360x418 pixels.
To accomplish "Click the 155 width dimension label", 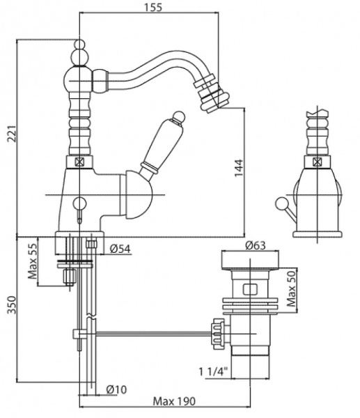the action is point(153,7).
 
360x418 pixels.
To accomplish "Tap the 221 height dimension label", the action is point(12,133).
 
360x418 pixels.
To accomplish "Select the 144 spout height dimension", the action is point(239,167).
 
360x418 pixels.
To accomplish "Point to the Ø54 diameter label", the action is point(120,249).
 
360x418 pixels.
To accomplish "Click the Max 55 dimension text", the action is point(33,261).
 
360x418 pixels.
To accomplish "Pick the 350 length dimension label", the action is point(12,304).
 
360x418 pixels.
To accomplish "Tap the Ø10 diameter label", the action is point(116,389).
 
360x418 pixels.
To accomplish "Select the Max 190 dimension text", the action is point(174,401).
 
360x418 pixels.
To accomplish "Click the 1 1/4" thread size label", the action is point(214,371).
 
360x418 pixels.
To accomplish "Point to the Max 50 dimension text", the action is point(291,288).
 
